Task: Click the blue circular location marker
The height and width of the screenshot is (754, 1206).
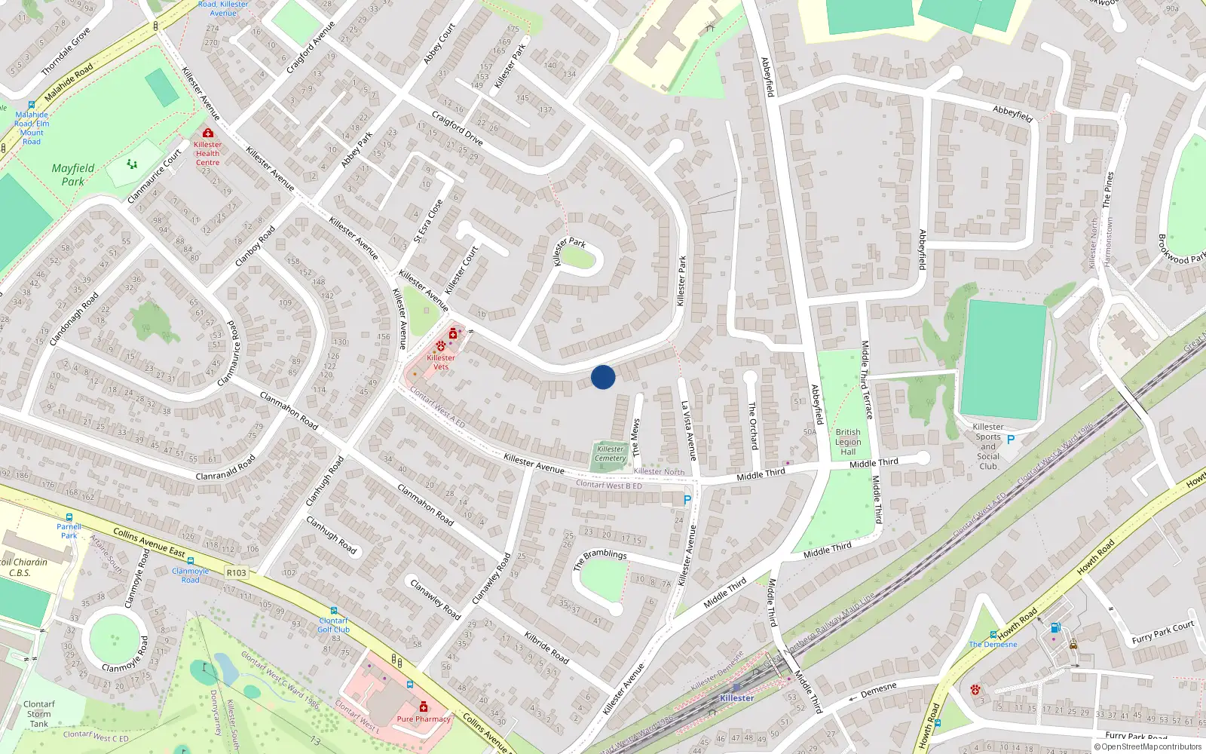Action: [603, 377]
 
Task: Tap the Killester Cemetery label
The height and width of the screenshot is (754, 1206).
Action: [610, 453]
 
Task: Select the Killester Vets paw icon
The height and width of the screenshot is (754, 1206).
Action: [441, 346]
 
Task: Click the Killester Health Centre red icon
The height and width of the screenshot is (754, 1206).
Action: [207, 133]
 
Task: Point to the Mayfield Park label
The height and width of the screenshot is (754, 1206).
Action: [73, 175]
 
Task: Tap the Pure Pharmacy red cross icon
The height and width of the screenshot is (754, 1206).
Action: [424, 706]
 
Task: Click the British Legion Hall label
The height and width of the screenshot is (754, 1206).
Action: [848, 442]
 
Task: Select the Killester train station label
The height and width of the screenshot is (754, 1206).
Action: [736, 698]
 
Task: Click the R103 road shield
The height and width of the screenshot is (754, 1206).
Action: [236, 573]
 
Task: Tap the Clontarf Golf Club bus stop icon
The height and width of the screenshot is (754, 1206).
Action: [333, 611]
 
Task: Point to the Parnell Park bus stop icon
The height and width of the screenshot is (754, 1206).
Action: [69, 517]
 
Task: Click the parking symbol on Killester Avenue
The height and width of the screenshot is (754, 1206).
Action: [687, 500]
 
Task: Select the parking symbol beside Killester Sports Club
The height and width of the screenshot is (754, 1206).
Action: [1011, 440]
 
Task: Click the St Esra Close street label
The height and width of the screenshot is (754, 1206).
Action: [428, 221]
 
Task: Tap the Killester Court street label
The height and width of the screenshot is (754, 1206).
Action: [461, 270]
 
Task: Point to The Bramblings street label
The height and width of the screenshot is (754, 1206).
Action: [600, 559]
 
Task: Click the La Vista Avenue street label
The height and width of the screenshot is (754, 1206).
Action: [689, 431]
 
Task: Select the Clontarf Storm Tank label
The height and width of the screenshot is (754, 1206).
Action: [39, 713]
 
